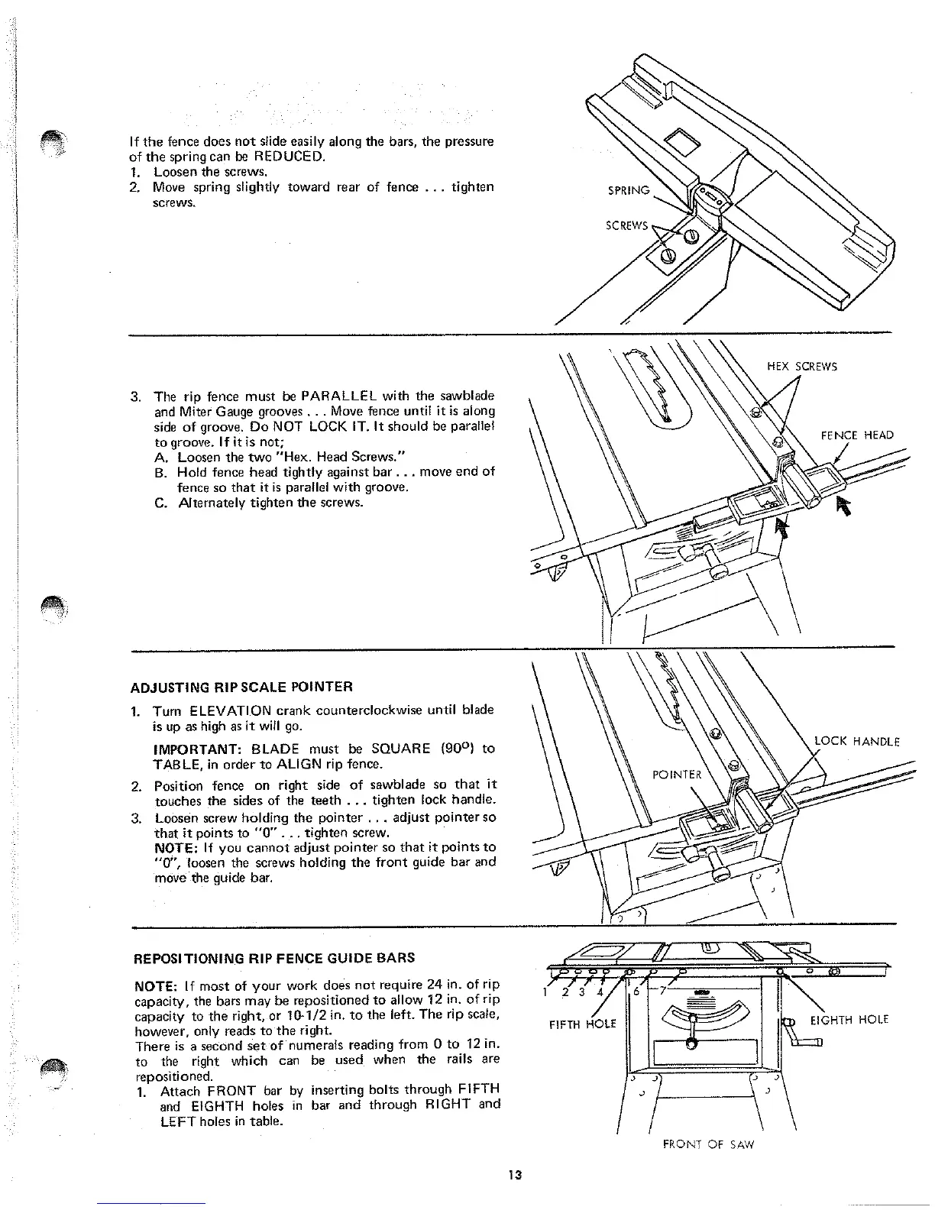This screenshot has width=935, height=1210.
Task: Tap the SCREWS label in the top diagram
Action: (x=626, y=225)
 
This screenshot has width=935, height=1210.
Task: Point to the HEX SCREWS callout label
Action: (x=802, y=366)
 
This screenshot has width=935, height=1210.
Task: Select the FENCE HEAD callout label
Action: (x=857, y=435)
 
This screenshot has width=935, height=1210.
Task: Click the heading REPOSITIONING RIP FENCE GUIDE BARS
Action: (x=274, y=957)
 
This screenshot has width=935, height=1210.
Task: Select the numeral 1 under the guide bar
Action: (x=544, y=992)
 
